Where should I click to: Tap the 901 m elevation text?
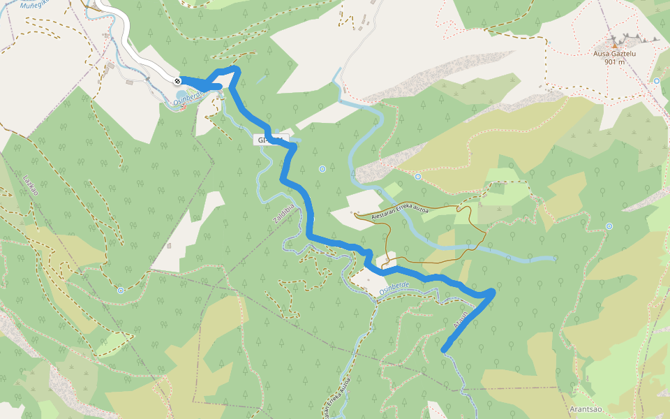(x=614, y=61)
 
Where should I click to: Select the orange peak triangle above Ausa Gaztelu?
(x=614, y=45)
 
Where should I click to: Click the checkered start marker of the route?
(x=178, y=80)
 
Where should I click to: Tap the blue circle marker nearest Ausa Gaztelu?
(x=657, y=81)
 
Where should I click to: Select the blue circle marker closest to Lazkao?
(x=121, y=290)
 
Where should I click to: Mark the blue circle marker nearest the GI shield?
(x=322, y=169)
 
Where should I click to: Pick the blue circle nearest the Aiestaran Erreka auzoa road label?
(x=417, y=177)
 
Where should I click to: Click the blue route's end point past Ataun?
(x=444, y=349)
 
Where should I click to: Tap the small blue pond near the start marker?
(x=181, y=93)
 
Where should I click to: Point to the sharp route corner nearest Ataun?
(x=493, y=292)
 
